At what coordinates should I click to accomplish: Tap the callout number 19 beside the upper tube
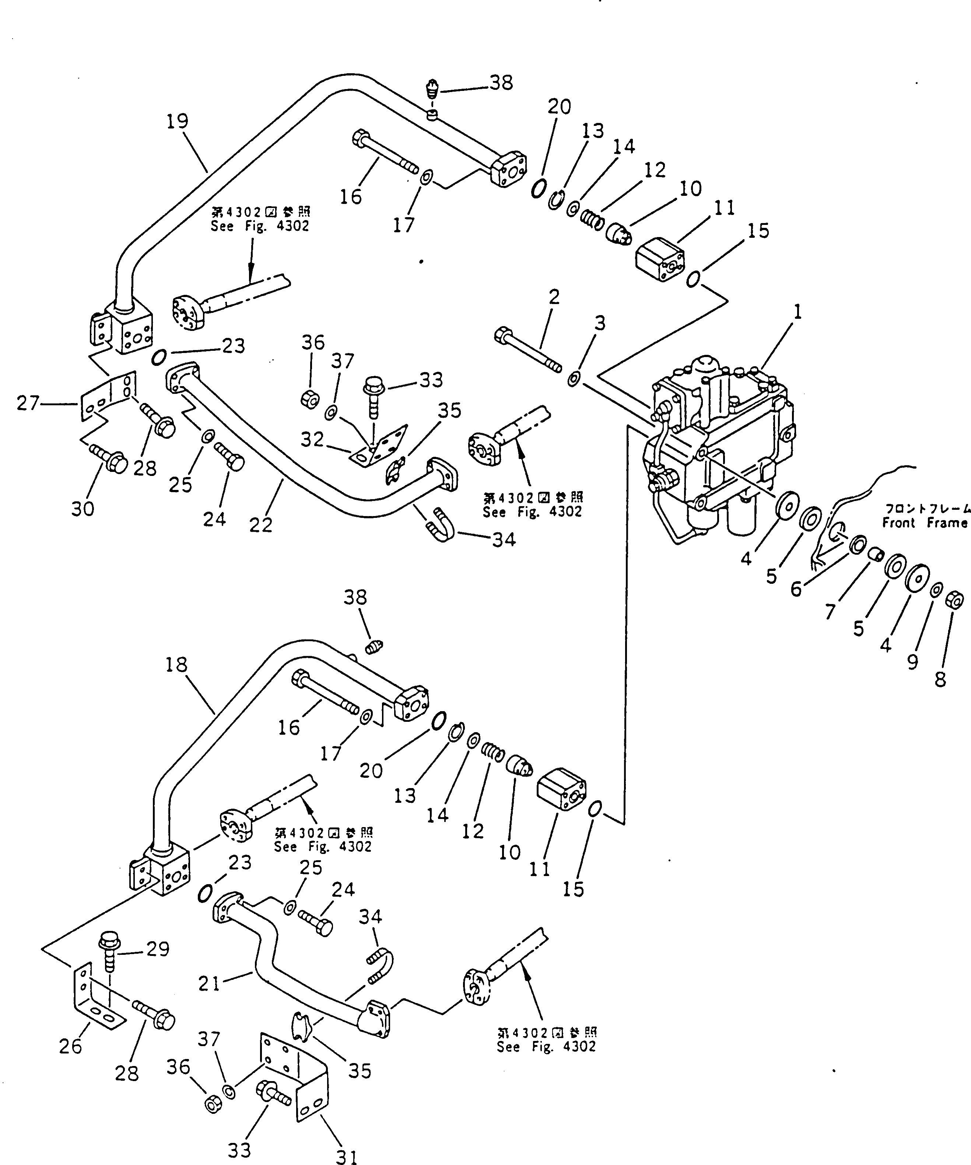point(178,121)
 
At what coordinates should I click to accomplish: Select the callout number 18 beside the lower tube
point(176,665)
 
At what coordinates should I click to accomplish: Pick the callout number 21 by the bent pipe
point(209,984)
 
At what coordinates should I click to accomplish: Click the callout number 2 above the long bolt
point(554,297)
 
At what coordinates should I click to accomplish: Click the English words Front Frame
point(925,523)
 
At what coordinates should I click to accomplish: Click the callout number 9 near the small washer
point(912,662)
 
